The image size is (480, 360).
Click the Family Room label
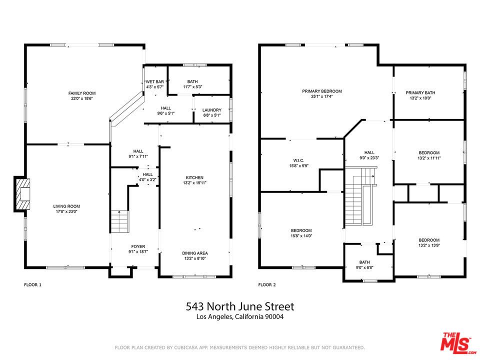(82, 93)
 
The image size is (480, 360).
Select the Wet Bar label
(155, 81)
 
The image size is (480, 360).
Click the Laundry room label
(211, 110)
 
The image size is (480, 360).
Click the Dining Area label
(195, 253)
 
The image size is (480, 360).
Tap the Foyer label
(138, 246)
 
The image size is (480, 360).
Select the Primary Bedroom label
(321, 91)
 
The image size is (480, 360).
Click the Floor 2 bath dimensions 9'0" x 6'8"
(364, 267)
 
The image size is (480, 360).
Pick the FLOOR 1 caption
(33, 284)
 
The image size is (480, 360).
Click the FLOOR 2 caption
(267, 284)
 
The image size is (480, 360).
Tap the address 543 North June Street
(240, 306)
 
